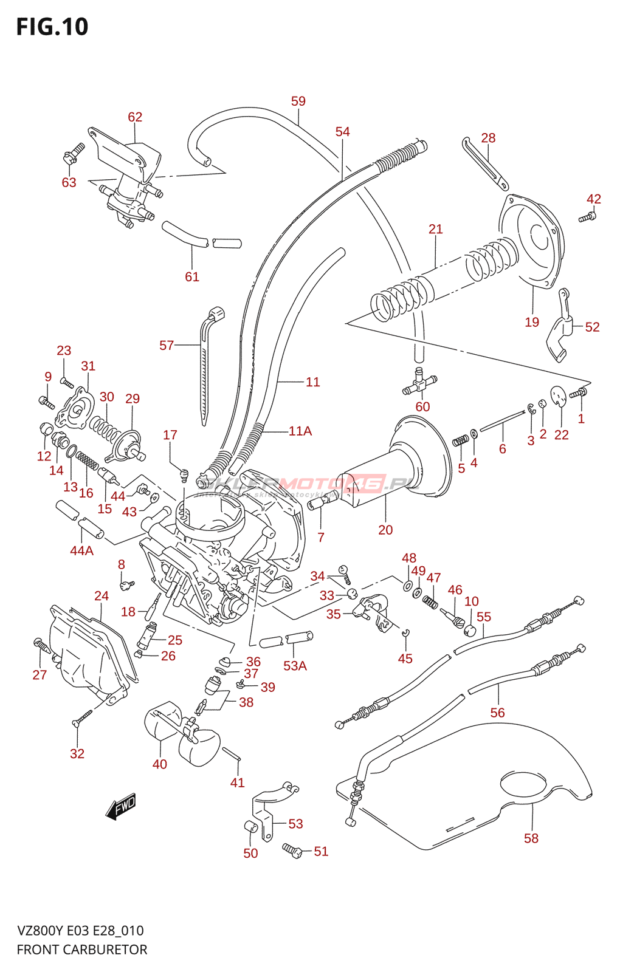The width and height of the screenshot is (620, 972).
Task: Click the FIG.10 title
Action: pyautogui.click(x=52, y=27)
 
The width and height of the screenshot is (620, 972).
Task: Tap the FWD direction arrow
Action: pyautogui.click(x=121, y=806)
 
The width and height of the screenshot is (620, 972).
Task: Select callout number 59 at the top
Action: pyautogui.click(x=298, y=101)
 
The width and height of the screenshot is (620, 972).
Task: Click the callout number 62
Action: pyautogui.click(x=135, y=117)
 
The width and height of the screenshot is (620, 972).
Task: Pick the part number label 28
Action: pyautogui.click(x=488, y=139)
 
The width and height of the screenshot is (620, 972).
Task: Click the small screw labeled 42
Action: pyautogui.click(x=587, y=217)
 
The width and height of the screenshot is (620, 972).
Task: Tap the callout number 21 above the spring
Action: pyautogui.click(x=436, y=230)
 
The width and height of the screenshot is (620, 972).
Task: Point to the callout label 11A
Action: pyautogui.click(x=300, y=431)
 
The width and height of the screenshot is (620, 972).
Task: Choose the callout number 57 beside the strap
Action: pyautogui.click(x=167, y=346)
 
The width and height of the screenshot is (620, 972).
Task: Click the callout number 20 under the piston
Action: pyautogui.click(x=385, y=530)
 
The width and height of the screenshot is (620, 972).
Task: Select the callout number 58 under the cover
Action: pyautogui.click(x=531, y=838)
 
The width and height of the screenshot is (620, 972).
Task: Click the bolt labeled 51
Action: pyautogui.click(x=292, y=850)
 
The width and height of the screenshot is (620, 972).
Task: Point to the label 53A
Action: pyautogui.click(x=295, y=666)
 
